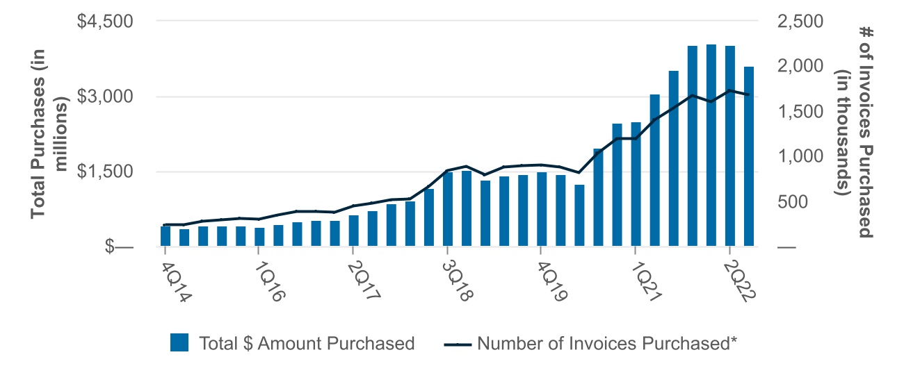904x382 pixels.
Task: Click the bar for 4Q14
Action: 166,236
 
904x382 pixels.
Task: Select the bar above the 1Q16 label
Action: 259,237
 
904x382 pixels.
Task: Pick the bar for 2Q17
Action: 353,231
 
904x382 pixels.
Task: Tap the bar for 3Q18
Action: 448,209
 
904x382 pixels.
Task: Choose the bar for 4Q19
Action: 542,209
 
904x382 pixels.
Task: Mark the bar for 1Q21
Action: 636,184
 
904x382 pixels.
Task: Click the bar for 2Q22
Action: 730,146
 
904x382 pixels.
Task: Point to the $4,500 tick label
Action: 102,22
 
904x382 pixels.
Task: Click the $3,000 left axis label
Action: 102,97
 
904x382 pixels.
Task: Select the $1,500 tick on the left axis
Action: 102,172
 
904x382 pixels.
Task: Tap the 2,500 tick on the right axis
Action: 798,22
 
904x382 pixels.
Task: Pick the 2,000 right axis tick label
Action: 798,67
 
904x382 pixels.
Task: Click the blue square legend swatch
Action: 179,343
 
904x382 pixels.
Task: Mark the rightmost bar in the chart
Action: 749,156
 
